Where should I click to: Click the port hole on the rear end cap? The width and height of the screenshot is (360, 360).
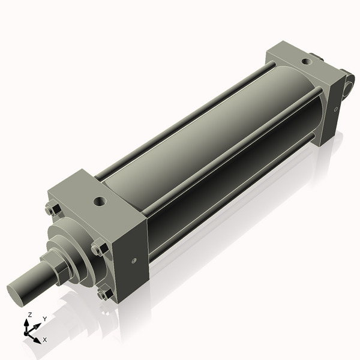[306, 61]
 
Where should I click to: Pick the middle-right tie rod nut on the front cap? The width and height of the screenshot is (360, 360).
[98, 248]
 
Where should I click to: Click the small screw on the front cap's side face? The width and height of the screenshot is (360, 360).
[133, 260]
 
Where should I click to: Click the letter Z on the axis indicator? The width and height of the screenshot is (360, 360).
[30, 314]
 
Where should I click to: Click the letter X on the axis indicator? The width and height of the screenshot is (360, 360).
[45, 340]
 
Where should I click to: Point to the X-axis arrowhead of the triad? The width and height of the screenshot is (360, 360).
[37, 338]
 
